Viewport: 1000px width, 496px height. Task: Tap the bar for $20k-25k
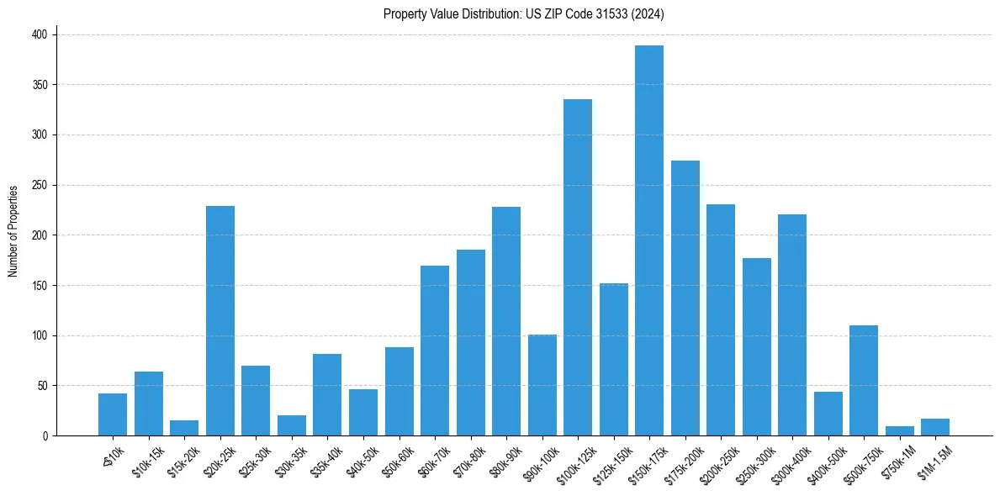220,320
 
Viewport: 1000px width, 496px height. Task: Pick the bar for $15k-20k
184,428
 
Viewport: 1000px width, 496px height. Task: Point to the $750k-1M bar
899,431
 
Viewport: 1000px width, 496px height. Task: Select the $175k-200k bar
685,298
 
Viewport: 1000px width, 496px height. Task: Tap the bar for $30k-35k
292,425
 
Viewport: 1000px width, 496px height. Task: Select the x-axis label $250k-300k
754,460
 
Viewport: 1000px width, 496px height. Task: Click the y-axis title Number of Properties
13,230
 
